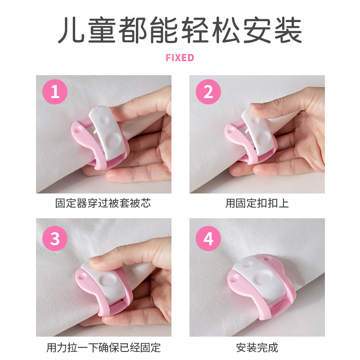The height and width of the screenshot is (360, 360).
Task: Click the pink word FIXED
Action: pos(180,58)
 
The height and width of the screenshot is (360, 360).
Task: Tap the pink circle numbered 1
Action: pos(55,92)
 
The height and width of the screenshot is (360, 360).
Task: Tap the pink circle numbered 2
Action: pos(208,92)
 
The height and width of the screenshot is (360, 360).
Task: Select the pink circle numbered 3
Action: pos(55,238)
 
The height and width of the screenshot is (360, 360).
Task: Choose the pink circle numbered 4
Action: pos(208,238)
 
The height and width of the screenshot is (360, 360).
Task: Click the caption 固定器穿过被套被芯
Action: pos(103,203)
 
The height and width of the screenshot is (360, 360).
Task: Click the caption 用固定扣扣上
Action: pos(257,203)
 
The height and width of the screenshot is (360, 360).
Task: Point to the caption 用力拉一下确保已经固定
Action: pos(103,347)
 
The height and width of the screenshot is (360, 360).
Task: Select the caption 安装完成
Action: pos(257,347)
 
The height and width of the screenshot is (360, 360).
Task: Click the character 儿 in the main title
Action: pos(72,30)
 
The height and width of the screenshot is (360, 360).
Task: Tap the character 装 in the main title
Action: pos(288,30)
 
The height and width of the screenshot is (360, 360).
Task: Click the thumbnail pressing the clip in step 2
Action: pos(257,106)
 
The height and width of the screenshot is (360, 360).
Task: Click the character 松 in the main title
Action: pos(226,30)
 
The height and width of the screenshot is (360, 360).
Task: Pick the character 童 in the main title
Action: pos(102,30)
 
